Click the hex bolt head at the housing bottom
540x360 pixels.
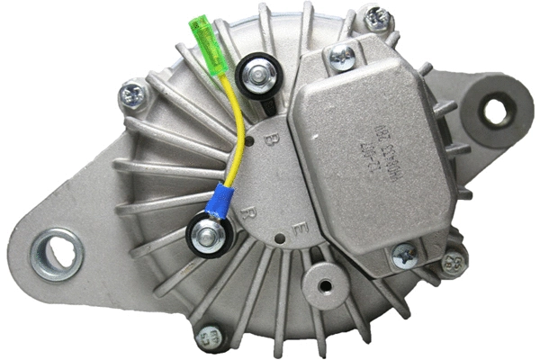211,338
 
